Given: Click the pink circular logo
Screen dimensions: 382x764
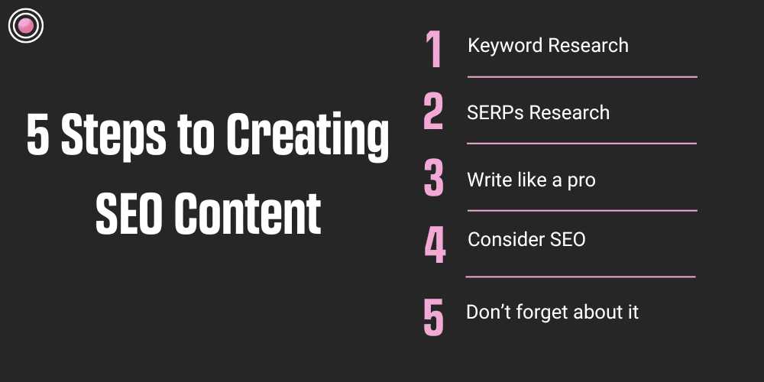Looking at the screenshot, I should [x=26, y=27].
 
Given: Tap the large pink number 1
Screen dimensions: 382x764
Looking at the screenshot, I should [x=434, y=50].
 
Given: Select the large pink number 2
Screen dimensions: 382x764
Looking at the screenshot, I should [x=433, y=112].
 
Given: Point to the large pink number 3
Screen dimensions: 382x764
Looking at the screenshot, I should [x=433, y=179].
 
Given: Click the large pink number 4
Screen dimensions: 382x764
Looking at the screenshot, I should [x=435, y=244].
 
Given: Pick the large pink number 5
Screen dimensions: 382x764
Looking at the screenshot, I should [x=433, y=317].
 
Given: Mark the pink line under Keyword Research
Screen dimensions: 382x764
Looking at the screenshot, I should [x=582, y=76].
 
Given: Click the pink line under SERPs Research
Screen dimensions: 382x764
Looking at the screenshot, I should [x=581, y=143].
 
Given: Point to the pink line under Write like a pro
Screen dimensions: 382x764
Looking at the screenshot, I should [x=581, y=210].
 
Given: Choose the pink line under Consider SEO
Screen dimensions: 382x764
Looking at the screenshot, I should [x=581, y=277].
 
